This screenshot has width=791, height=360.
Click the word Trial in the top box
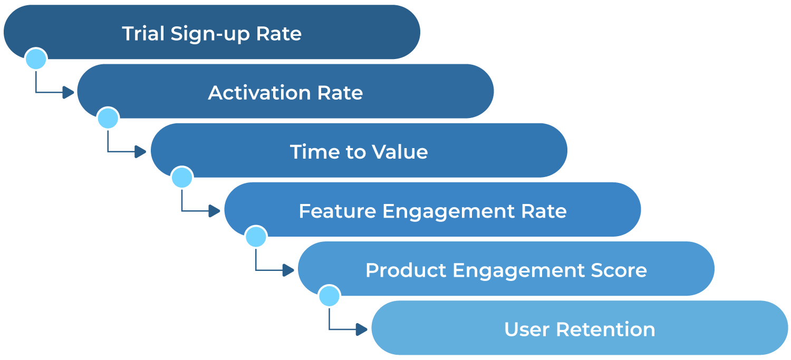[x=143, y=34]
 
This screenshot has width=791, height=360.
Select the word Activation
[x=259, y=93]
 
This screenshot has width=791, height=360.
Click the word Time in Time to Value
[x=313, y=152]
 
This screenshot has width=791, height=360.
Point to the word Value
[x=400, y=152]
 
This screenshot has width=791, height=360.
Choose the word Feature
[x=337, y=211]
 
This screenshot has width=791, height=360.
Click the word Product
[x=406, y=270]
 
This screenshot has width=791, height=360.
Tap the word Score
[x=619, y=270]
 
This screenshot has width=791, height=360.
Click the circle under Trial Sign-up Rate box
[x=36, y=59]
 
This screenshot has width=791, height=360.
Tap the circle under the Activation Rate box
[x=108, y=119]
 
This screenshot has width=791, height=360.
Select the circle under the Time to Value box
[x=182, y=178]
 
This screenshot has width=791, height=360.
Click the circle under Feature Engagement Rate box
[x=256, y=237]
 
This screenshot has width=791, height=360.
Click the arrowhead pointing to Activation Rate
[x=69, y=93]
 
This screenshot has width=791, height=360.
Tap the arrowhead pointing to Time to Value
[x=141, y=152]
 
